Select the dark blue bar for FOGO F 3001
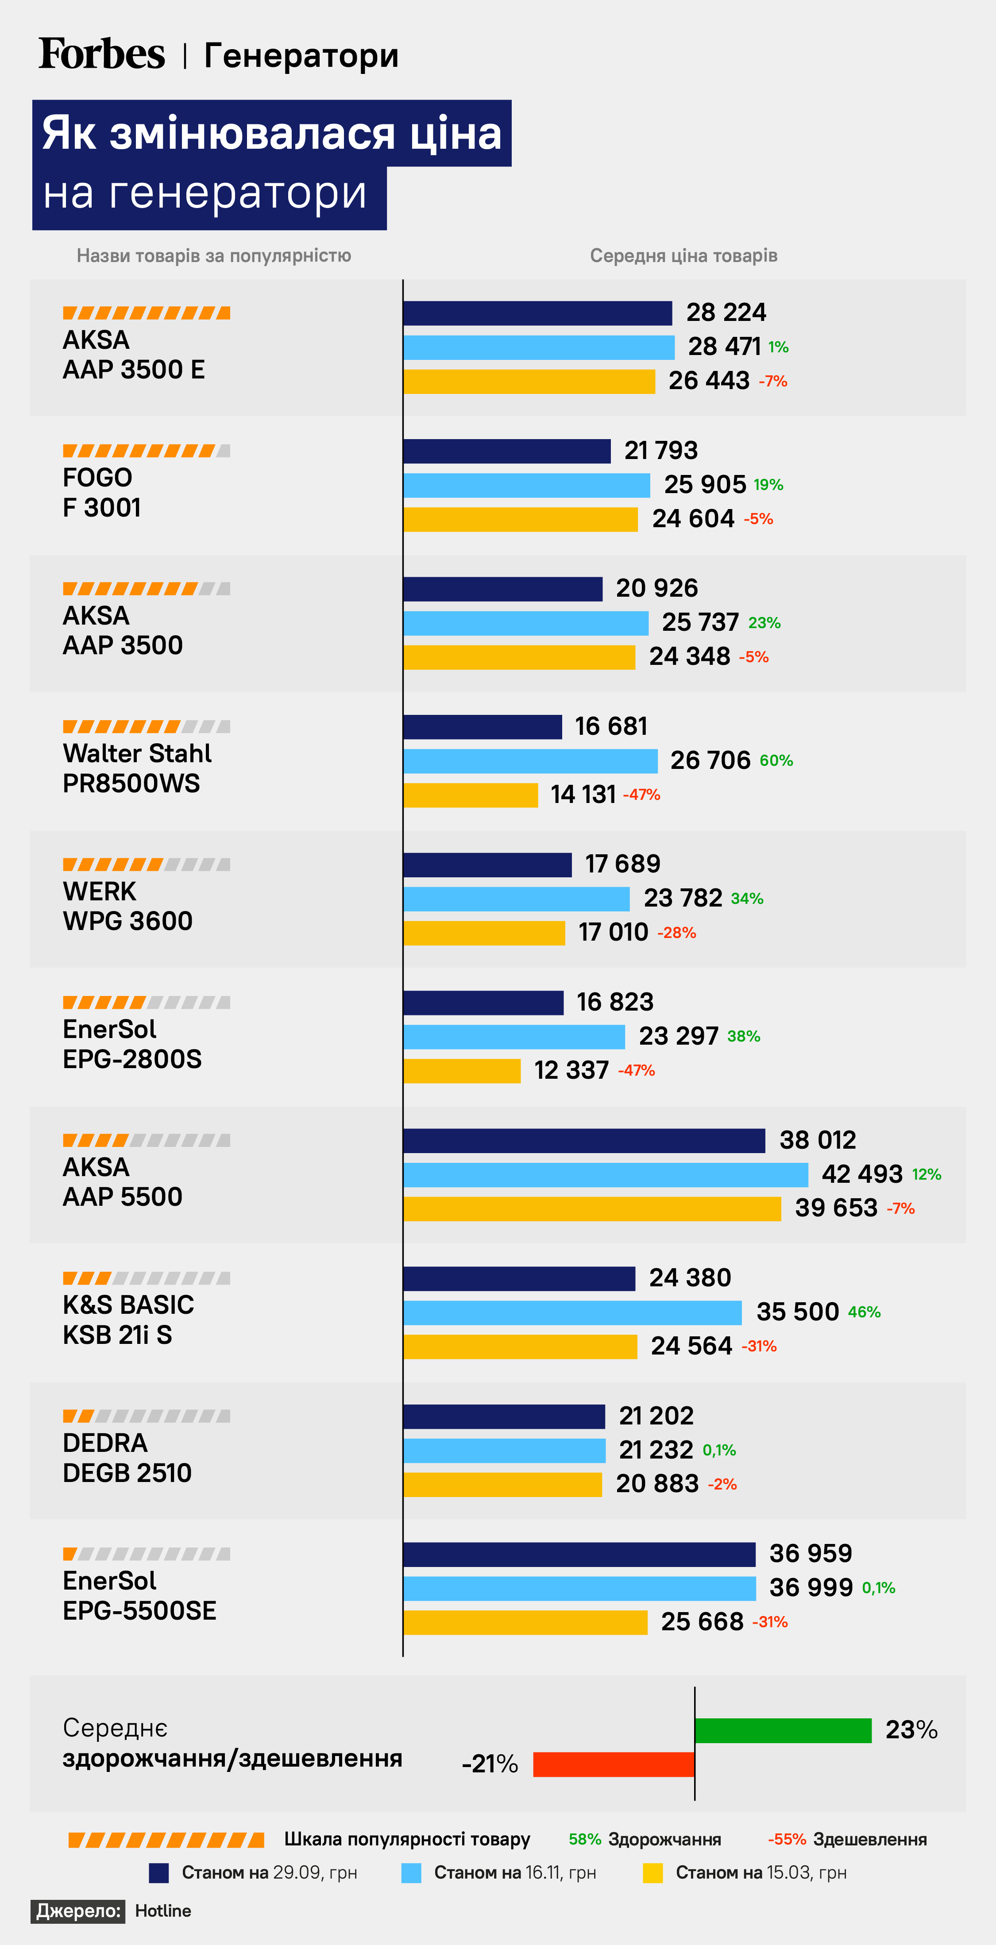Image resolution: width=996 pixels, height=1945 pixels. [x=507, y=451]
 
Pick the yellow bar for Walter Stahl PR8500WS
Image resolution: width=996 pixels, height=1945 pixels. [x=471, y=795]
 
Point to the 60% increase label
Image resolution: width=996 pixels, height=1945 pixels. [x=776, y=760]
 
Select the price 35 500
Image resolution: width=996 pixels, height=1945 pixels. [x=797, y=1312]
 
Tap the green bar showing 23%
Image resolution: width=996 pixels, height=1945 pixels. [x=783, y=1730]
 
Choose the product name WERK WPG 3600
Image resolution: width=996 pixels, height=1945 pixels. [x=127, y=906]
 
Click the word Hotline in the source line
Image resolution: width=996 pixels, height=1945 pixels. [x=163, y=1910]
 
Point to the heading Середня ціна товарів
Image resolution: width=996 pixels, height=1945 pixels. [x=683, y=256]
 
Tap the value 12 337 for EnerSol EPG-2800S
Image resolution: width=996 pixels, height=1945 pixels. [x=571, y=1071]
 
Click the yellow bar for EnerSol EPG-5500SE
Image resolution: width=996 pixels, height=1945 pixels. [x=525, y=1622]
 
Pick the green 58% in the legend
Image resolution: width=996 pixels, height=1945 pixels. [x=584, y=1839]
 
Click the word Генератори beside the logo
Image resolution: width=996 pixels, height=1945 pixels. [x=301, y=56]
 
